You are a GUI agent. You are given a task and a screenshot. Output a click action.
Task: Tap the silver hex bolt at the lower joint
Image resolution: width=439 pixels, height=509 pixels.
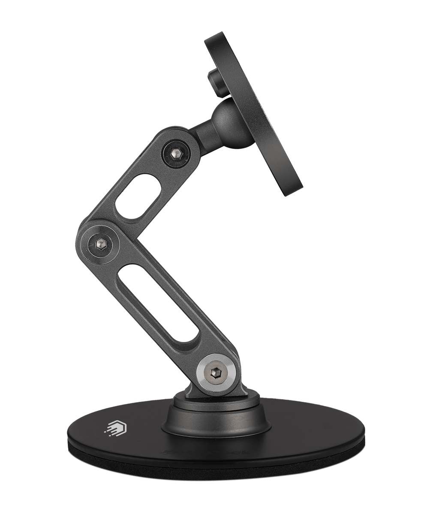tap(216, 373)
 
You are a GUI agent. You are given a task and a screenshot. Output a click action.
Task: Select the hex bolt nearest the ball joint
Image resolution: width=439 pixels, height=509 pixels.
tap(176, 153)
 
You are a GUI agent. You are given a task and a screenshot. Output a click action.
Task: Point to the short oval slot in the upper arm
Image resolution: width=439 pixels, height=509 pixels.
tap(138, 196)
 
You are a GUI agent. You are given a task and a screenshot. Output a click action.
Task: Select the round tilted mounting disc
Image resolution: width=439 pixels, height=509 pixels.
tap(253, 114)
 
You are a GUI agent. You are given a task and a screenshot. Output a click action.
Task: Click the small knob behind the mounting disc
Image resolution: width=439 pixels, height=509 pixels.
tap(217, 83)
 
